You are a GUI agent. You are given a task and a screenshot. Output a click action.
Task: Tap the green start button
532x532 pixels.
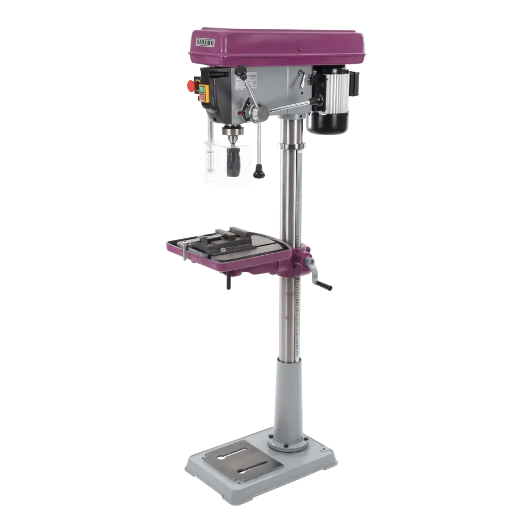203,89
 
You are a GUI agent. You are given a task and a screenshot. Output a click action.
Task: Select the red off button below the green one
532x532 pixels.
203,97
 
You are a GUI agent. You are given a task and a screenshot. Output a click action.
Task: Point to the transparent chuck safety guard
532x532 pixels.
213,162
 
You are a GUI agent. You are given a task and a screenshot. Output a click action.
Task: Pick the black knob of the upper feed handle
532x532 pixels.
242,70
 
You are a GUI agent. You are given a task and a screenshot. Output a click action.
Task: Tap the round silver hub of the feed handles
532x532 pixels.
261,113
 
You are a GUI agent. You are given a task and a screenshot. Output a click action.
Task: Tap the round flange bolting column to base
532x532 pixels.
288,442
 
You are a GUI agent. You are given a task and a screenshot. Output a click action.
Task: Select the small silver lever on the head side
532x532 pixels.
302,81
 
